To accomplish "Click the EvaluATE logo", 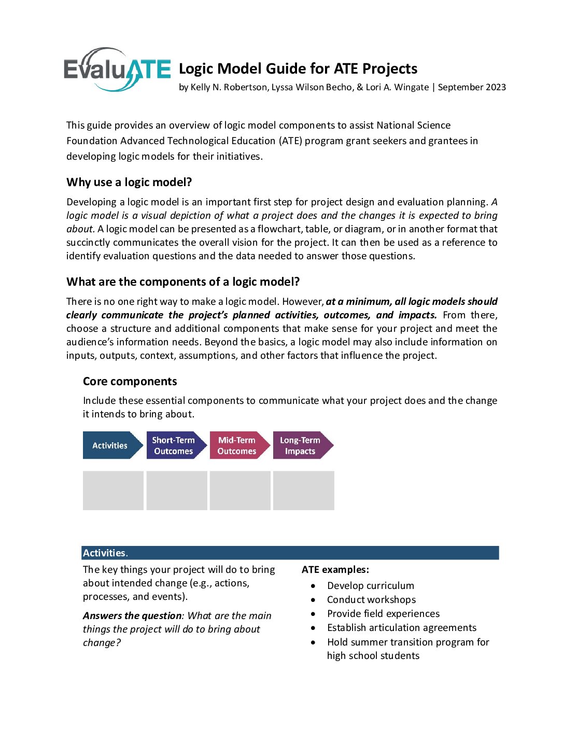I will pyautogui.click(x=117, y=69).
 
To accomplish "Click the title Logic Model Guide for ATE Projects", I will pyautogui.click(x=298, y=68).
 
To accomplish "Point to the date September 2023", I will pyautogui.click(x=472, y=87).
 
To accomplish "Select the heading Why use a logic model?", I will pyautogui.click(x=129, y=182).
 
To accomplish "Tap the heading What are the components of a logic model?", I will pyautogui.click(x=183, y=282).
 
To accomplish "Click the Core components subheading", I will pyautogui.click(x=130, y=381).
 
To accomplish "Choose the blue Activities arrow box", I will pyautogui.click(x=111, y=445).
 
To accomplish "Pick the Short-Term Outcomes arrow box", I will pyautogui.click(x=175, y=445).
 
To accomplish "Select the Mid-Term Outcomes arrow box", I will pyautogui.click(x=238, y=445).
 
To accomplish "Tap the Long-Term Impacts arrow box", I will pyautogui.click(x=301, y=445).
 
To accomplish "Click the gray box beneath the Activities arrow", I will pyautogui.click(x=113, y=490).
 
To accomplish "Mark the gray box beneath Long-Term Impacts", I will pyautogui.click(x=303, y=490).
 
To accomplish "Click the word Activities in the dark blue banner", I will pyautogui.click(x=104, y=553).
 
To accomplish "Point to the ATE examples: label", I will pyautogui.click(x=335, y=569).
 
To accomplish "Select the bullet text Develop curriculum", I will pyautogui.click(x=371, y=585).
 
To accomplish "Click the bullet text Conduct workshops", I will pyautogui.click(x=371, y=599).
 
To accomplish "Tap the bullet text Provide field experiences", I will pyautogui.click(x=383, y=613).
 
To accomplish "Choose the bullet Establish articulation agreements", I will pyautogui.click(x=402, y=627).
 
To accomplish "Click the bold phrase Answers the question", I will pyautogui.click(x=132, y=615).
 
